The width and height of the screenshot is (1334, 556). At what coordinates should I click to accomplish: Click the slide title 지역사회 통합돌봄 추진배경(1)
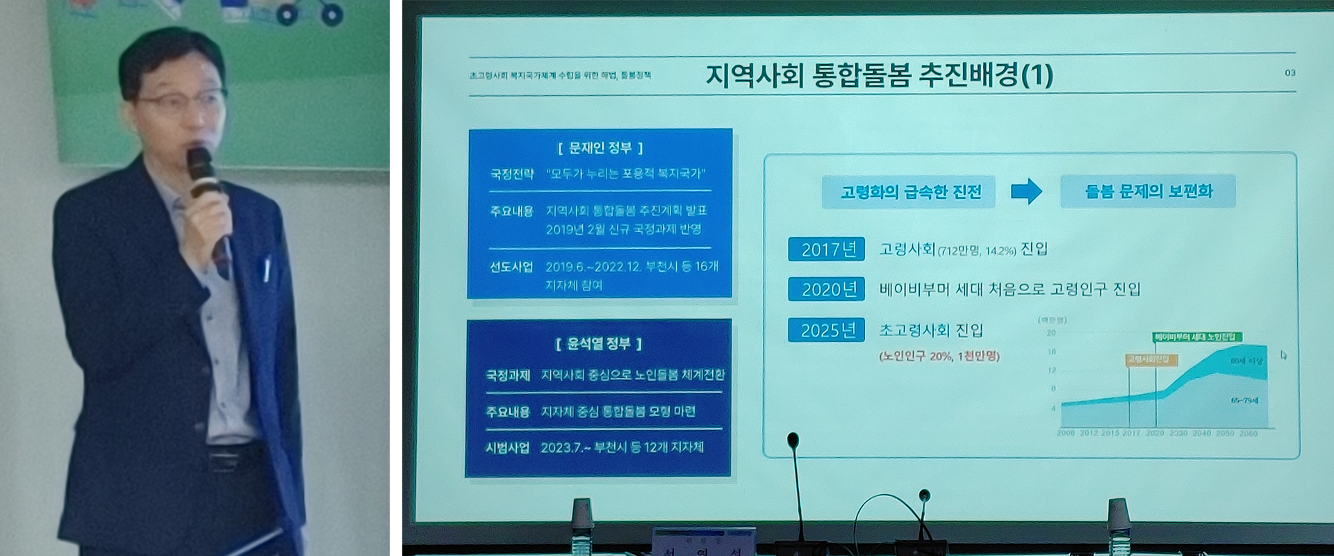click(x=879, y=75)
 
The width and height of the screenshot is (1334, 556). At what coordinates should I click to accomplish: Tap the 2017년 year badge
click(x=826, y=249)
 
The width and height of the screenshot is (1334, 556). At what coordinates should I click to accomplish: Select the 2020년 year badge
click(x=826, y=289)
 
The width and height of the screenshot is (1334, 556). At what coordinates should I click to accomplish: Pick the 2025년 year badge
click(x=826, y=330)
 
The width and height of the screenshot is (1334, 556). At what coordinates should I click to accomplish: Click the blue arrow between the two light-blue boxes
click(x=1026, y=191)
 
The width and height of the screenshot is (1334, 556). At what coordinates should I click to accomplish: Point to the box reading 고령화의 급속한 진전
click(x=909, y=192)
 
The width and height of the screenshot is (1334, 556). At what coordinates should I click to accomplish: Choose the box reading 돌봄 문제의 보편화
click(x=1148, y=191)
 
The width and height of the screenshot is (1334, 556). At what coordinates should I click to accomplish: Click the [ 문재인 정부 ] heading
click(x=600, y=148)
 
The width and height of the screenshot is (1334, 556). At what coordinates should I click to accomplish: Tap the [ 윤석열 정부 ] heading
click(x=599, y=343)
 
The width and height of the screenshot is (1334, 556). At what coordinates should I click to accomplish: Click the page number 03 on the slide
click(x=1290, y=73)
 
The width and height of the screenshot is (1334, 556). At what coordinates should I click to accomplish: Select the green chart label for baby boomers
click(x=1197, y=337)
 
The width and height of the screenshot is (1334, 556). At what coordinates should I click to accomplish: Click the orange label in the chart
click(x=1151, y=359)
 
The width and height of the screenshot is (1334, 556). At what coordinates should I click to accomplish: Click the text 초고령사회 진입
click(x=931, y=330)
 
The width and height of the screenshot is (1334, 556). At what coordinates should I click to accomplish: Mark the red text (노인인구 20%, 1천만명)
click(x=939, y=357)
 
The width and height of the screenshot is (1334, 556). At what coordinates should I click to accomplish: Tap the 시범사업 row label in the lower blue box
click(x=507, y=448)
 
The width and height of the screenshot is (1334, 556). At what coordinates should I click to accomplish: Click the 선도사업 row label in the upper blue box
click(x=511, y=267)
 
